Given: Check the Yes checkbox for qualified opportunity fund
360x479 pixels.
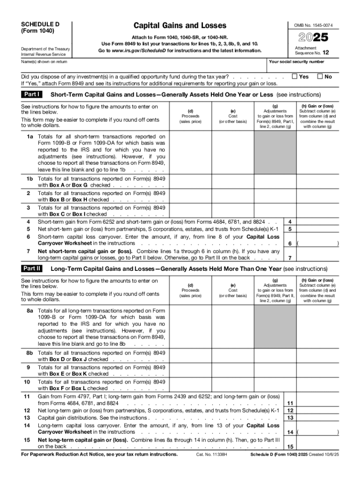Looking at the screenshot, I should coord(295,76).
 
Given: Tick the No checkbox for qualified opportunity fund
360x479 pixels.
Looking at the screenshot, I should coord(320,76).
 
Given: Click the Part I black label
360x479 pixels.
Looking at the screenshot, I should coord(32,94).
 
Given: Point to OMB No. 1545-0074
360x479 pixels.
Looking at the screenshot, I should coord(317,25).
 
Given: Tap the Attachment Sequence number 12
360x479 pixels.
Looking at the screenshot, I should coord(325,53).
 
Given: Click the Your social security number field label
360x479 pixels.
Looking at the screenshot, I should coord(296,62).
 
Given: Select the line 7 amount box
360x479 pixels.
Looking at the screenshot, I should coord(318,258).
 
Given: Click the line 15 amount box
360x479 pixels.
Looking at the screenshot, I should coord(318,446).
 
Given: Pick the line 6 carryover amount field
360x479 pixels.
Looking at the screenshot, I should coord(318,243).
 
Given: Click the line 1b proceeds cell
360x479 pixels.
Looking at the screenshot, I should coord(190,182).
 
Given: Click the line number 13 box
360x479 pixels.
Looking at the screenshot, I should coord(290,418).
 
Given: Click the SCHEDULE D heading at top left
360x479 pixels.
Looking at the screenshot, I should coord(40,24).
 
